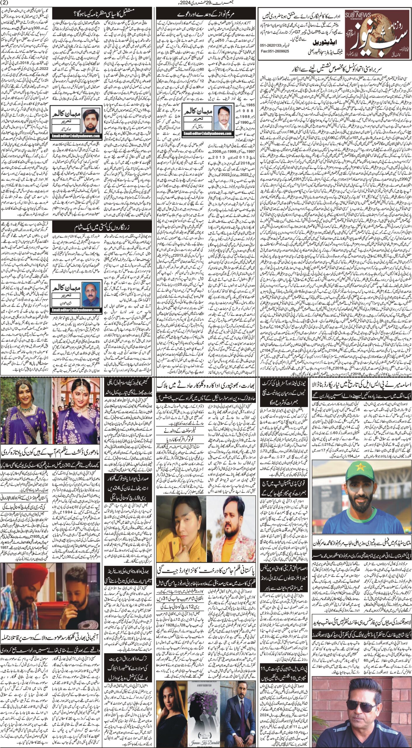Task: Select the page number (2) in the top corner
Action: (x=6, y=3)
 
